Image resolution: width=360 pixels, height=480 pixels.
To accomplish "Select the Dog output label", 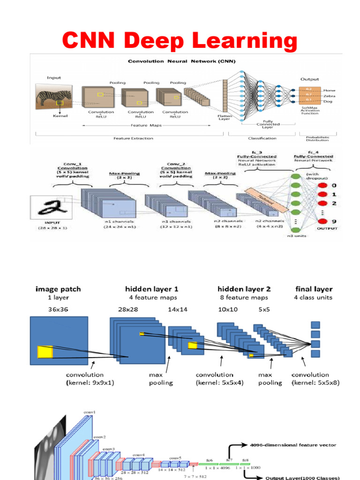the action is point(328,101).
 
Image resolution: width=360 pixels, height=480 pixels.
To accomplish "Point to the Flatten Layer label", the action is point(225,117).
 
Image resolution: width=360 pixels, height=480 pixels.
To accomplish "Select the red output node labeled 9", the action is point(322,221).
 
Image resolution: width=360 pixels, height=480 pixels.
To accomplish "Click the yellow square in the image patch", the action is point(45,352).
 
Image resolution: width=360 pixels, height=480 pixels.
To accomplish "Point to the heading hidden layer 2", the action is point(244,289).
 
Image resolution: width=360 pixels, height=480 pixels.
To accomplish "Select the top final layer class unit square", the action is point(315,325).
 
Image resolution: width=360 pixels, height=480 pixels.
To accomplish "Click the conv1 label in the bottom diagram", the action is point(90,412).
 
